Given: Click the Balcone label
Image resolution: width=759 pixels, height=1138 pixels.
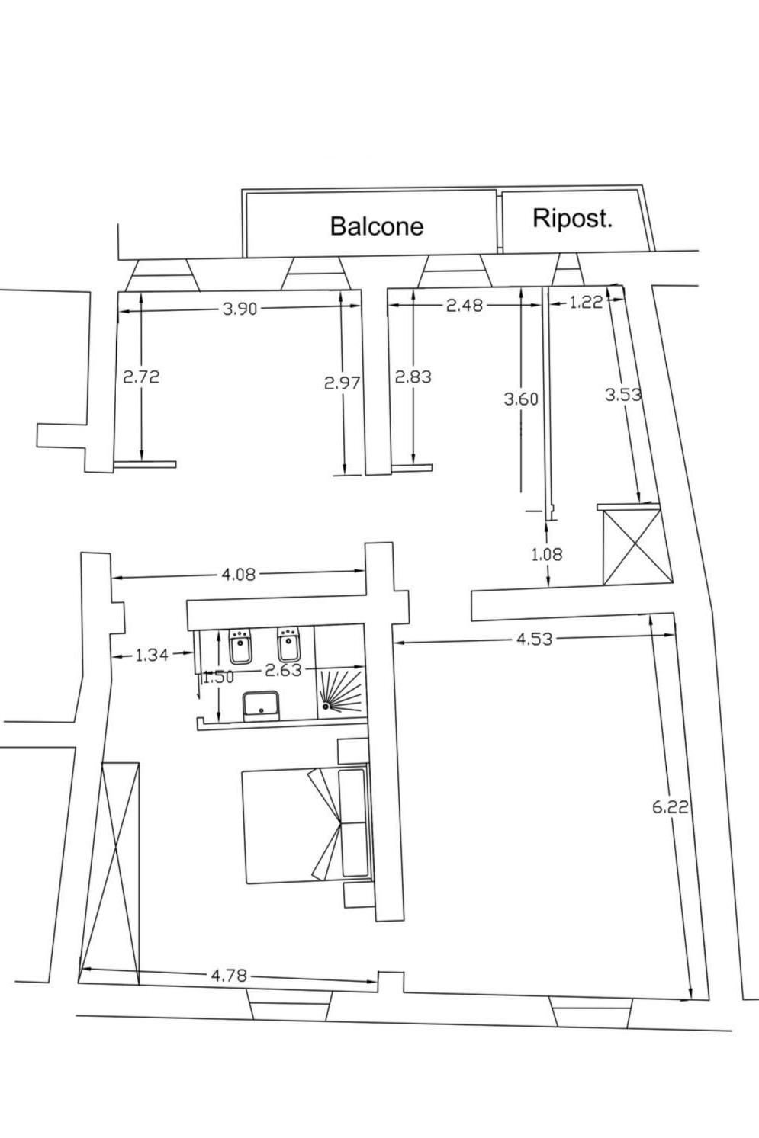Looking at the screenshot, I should (376, 226).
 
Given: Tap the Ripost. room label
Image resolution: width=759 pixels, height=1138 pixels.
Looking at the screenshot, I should (572, 219).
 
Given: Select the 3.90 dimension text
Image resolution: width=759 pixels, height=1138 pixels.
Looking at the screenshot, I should (240, 308).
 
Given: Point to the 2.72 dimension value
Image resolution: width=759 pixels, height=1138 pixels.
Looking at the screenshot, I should (141, 377).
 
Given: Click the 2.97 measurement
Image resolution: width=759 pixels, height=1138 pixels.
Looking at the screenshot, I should (342, 383).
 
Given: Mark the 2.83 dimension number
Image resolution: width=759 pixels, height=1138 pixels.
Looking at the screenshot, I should (413, 377).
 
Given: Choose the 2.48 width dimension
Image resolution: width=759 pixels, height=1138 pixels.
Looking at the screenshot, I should (465, 305).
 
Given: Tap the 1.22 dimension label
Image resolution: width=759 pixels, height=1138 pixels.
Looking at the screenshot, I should (586, 303).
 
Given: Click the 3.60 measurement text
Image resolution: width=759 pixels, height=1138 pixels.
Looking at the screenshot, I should (521, 399).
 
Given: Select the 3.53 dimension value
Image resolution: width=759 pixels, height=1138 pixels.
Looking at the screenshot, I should (623, 395).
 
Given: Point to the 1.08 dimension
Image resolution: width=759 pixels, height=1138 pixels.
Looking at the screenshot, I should (546, 554).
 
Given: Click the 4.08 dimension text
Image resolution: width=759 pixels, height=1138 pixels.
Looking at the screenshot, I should (238, 574).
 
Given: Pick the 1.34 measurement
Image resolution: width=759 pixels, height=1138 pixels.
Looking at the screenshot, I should (151, 654).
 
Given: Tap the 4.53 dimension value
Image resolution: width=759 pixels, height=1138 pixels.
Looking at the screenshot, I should (534, 639).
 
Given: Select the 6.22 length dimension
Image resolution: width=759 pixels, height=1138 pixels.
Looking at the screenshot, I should (671, 807).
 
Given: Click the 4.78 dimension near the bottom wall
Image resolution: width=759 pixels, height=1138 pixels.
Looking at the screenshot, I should (228, 975).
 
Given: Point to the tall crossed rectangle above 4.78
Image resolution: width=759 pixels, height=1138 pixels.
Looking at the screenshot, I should (110, 872).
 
